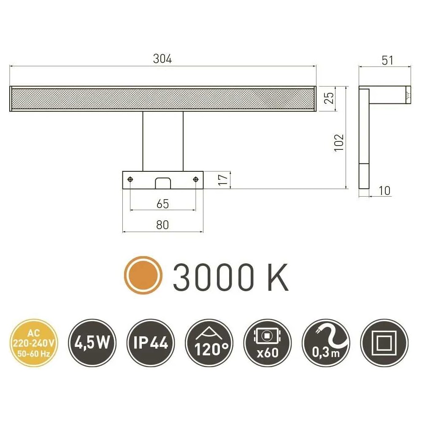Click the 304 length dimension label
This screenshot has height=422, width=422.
coord(162,59)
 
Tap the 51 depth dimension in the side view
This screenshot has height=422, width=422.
coord(387,60)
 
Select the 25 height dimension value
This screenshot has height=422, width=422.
coord(329,98)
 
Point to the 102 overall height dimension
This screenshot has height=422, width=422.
coord(339,143)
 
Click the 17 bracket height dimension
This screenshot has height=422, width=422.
coord(223,180)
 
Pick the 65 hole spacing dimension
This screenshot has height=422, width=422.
coord(162,204)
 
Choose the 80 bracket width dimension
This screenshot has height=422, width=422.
coord(162,225)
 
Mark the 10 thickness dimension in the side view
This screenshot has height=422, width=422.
coord(384,191)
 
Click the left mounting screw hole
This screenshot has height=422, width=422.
coord(130,179)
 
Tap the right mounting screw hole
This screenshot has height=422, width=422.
coord(196,179)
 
